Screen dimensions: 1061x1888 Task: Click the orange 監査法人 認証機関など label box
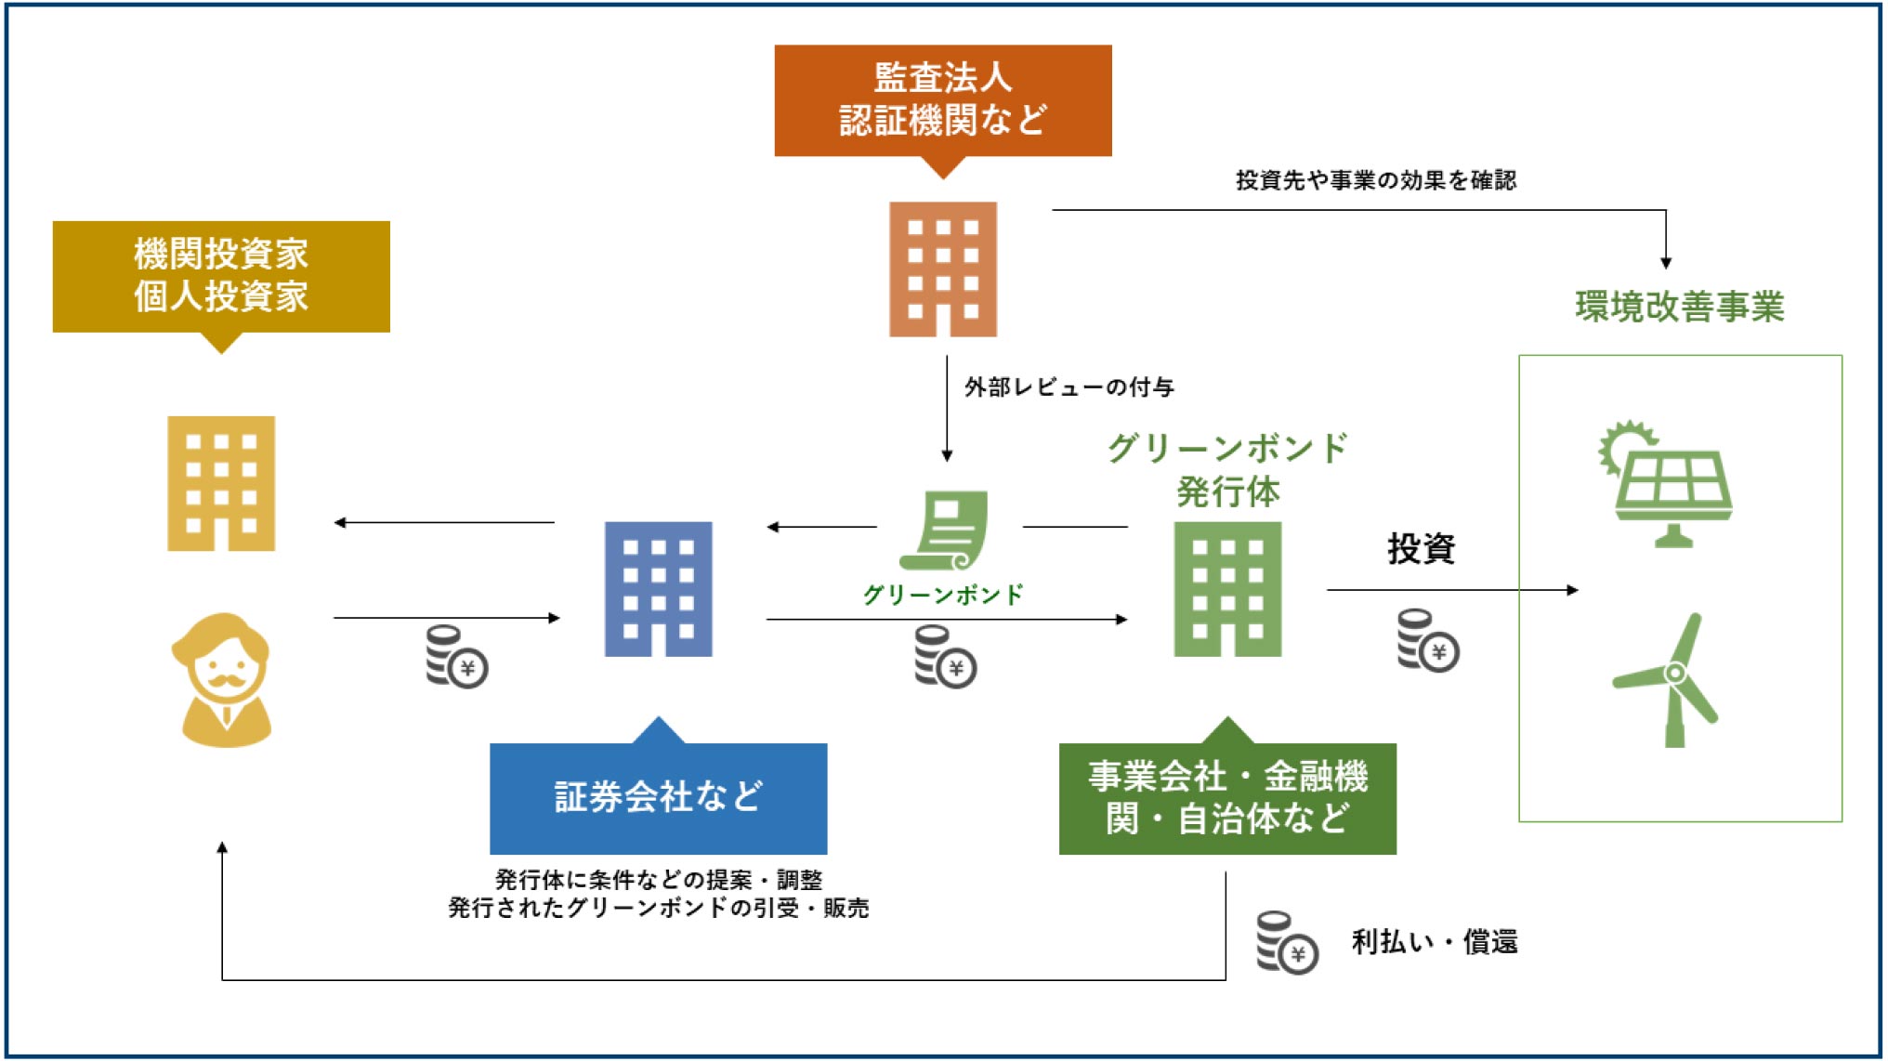pyautogui.click(x=942, y=100)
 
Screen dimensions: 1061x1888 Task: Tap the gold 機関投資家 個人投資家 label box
pyautogui.click(x=221, y=276)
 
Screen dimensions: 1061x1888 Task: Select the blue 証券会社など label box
pyautogui.click(x=658, y=797)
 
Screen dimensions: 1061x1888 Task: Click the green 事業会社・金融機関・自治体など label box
pyautogui.click(x=1227, y=797)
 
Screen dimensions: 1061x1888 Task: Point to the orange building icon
pyautogui.click(x=942, y=269)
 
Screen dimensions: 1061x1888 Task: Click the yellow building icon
pyautogui.click(x=221, y=483)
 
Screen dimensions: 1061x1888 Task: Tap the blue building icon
pyautogui.click(x=658, y=589)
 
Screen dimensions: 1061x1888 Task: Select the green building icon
pyautogui.click(x=1227, y=589)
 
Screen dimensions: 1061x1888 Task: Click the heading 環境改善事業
pyautogui.click(x=1679, y=307)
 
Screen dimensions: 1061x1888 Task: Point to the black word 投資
pyautogui.click(x=1421, y=549)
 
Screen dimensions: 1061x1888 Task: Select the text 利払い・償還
pyautogui.click(x=1434, y=942)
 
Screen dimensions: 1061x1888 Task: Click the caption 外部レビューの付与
pyautogui.click(x=1069, y=387)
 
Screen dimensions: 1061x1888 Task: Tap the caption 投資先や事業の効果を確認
pyautogui.click(x=1375, y=180)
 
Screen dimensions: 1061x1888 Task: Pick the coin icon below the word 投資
pyautogui.click(x=1427, y=640)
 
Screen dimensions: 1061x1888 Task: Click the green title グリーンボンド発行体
pyautogui.click(x=1227, y=469)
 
